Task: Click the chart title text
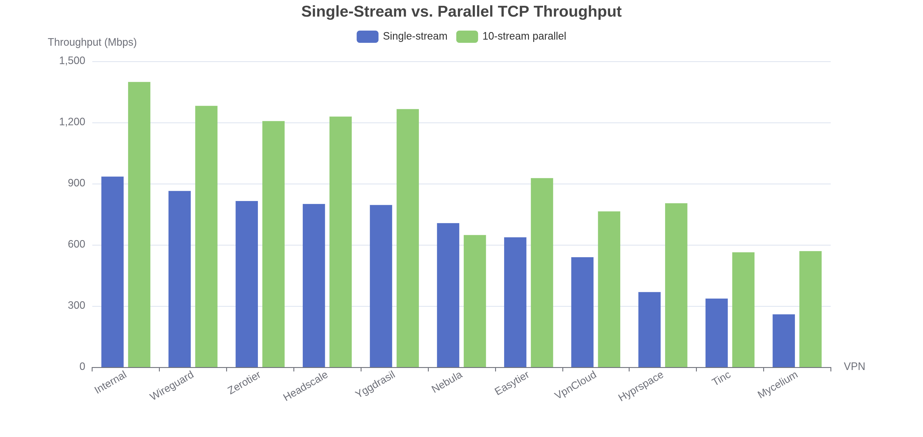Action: [x=461, y=11]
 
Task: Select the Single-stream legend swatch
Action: [x=367, y=37]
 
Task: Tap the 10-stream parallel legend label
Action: [x=524, y=36]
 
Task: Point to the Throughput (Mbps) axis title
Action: [x=92, y=42]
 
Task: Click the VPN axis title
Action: [x=854, y=366]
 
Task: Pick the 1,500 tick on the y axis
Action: [x=72, y=61]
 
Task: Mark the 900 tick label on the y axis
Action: [x=76, y=183]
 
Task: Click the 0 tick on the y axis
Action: [x=82, y=366]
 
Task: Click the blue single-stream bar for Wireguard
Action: [x=180, y=279]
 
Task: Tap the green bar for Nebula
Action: [x=475, y=301]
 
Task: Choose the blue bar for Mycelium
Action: [x=784, y=341]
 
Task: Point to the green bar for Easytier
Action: [x=542, y=272]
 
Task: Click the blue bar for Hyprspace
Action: [x=649, y=329]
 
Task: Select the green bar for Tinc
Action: [x=743, y=310]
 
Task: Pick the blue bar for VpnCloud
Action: [x=582, y=312]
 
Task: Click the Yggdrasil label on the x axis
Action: [x=375, y=384]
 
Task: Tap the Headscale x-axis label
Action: [x=305, y=386]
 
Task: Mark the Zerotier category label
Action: [x=244, y=383]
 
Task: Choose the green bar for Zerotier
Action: [x=273, y=244]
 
